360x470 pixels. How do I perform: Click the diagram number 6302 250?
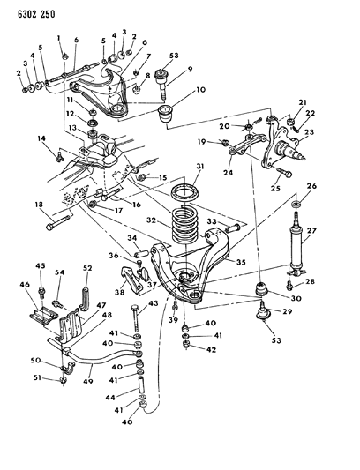pos(36,14)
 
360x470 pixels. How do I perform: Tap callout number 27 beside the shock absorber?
pos(312,230)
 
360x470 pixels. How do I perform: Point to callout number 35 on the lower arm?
pos(241,262)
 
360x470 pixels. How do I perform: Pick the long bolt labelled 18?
pos(59,223)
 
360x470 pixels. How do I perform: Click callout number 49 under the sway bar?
pos(88,382)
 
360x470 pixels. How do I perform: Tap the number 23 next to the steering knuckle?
pos(310,132)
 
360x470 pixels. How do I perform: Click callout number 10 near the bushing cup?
pos(201,89)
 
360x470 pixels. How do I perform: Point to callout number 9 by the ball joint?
pos(190,70)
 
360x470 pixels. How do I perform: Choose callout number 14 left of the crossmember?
pos(41,138)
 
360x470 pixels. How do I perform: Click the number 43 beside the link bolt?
pos(153,303)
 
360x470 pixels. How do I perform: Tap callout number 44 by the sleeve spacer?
pos(110,398)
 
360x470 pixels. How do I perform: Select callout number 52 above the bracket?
pos(87,268)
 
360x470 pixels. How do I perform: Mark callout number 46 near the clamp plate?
pos(25,285)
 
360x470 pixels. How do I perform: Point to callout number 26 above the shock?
pos(311,186)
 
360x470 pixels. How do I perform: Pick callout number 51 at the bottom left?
pos(38,378)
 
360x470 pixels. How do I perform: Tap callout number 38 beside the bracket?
pos(120,292)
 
